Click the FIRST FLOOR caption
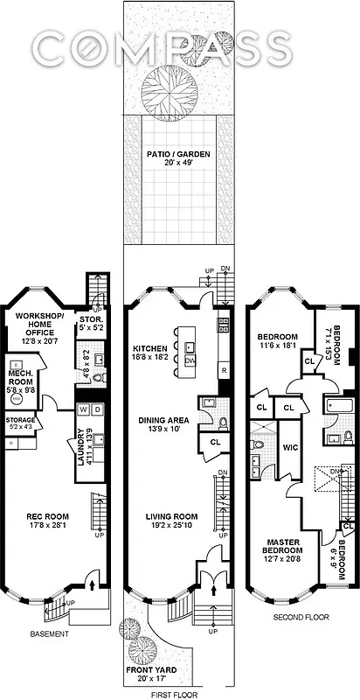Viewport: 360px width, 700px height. pyautogui.click(x=177, y=692)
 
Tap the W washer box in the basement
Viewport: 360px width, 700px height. pyautogui.click(x=83, y=409)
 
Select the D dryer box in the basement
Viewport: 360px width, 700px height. pyautogui.click(x=97, y=409)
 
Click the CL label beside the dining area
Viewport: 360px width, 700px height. pyautogui.click(x=214, y=443)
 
